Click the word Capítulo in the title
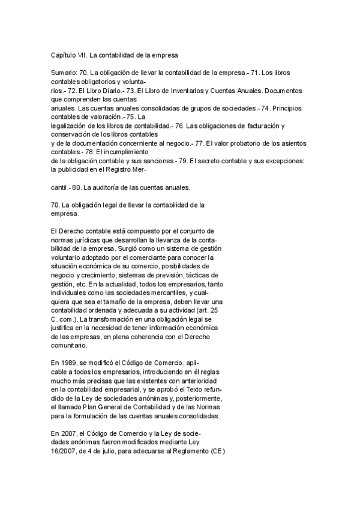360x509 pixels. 64,55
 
